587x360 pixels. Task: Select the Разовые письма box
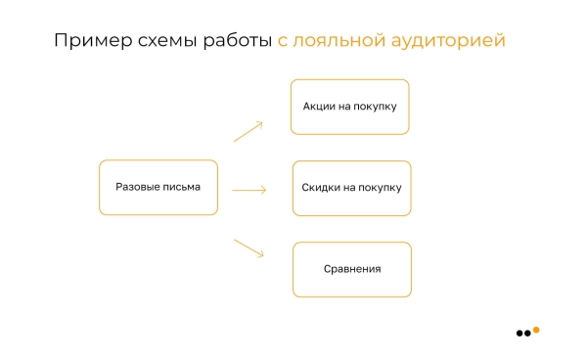[158, 187]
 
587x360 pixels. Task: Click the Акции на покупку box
[349, 107]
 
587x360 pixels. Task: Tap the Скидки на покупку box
[351, 188]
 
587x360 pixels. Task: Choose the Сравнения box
[351, 269]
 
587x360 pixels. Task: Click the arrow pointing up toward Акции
[248, 132]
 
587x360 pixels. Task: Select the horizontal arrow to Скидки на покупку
[248, 190]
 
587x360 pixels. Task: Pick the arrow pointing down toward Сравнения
[248, 247]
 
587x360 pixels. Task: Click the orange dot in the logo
[536, 330]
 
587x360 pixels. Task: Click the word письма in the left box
[181, 187]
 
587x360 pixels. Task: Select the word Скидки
[321, 188]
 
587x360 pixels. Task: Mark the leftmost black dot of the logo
[519, 334]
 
